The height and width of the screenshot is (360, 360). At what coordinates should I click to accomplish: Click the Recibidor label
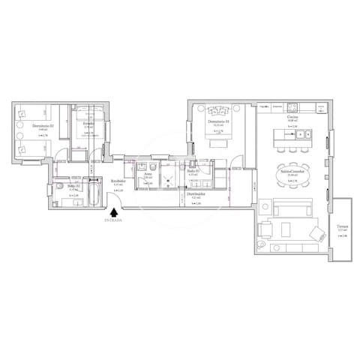(x=117, y=181)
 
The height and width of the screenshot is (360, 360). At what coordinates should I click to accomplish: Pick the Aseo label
(x=148, y=174)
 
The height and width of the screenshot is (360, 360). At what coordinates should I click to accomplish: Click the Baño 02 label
(x=73, y=185)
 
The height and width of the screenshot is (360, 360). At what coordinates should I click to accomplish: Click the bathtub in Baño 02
(x=94, y=193)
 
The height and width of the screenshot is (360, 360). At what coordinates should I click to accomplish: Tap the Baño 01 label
(x=192, y=171)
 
